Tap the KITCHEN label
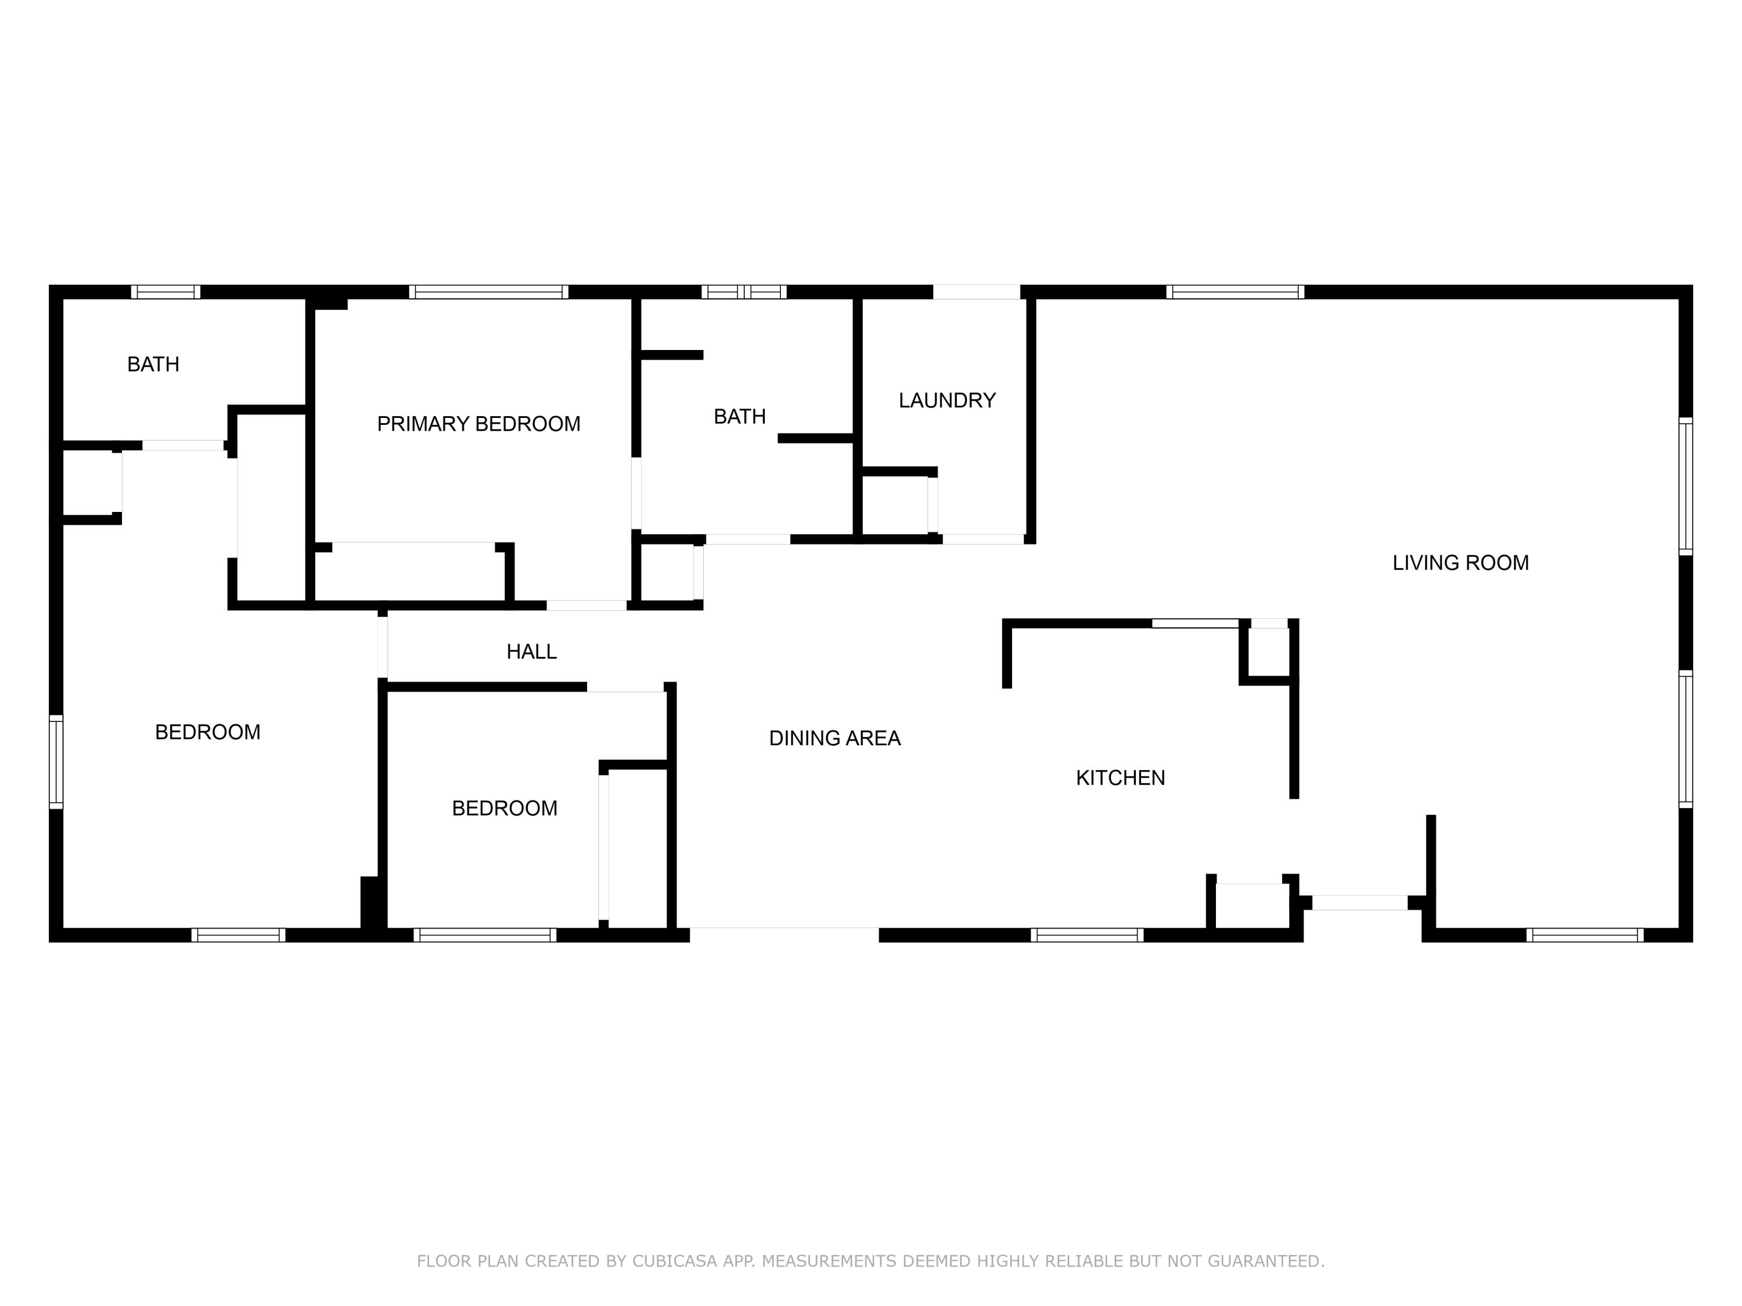1120,778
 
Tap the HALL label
531,652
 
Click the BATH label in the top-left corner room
153,365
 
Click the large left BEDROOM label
207,732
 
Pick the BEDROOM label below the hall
504,809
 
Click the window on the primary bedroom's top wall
488,292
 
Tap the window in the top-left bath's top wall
165,292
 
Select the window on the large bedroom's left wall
56,761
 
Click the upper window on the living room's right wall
1685,486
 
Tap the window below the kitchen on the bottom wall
1087,935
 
